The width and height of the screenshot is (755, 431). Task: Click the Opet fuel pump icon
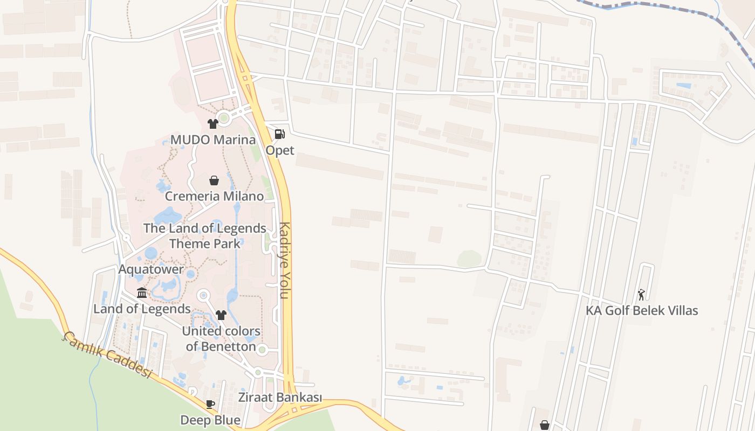[279, 134]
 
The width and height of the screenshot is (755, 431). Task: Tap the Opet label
[280, 150]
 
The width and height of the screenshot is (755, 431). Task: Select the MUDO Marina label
[213, 140]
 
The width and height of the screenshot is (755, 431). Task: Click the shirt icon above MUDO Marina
[212, 124]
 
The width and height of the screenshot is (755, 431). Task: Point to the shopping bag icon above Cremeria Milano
[214, 180]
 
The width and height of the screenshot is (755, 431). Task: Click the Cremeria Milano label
[214, 196]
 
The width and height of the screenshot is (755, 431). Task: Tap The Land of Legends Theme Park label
[205, 236]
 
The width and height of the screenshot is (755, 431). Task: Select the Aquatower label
[151, 269]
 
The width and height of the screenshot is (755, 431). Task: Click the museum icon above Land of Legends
[142, 293]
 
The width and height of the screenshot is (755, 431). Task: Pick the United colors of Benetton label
[221, 339]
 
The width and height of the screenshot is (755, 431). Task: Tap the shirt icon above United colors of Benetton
[221, 315]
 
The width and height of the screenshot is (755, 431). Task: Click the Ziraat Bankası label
[280, 398]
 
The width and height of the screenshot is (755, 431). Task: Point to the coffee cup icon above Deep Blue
[210, 404]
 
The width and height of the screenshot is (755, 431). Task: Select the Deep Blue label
[210, 420]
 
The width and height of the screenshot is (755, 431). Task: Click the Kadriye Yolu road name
[284, 260]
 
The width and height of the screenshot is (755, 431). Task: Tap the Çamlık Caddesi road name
[107, 355]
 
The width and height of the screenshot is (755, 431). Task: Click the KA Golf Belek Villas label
[642, 311]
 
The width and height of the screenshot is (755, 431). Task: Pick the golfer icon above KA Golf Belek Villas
[641, 295]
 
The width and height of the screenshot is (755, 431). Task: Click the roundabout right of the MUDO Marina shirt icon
[224, 117]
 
